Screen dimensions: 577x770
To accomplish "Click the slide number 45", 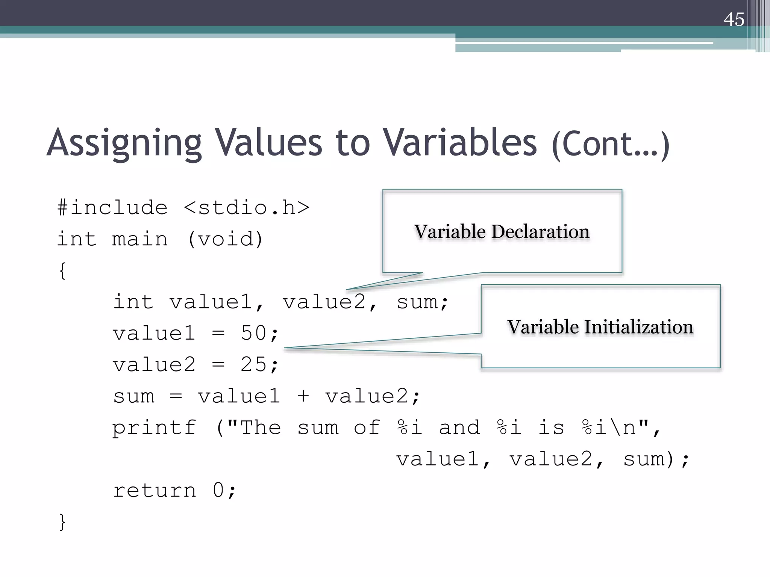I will (734, 19).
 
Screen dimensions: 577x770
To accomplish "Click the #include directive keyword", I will (112, 207).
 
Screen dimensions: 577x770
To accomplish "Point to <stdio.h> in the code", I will (247, 207).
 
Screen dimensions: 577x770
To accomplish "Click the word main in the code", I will (140, 239).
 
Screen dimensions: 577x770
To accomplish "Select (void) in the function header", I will (225, 239).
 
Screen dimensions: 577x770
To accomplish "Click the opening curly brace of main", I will (62, 270).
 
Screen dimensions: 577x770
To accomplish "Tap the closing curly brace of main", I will (62, 522).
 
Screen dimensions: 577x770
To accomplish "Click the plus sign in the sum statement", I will (303, 396).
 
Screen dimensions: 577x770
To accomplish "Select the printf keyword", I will (154, 428).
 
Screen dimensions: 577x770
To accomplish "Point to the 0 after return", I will (218, 491).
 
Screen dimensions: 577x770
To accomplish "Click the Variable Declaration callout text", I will (502, 231).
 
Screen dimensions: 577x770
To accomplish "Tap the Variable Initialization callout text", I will (600, 327).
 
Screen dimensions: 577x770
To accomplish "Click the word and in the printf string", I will (459, 427).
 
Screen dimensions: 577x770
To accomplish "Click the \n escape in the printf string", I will (622, 427).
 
